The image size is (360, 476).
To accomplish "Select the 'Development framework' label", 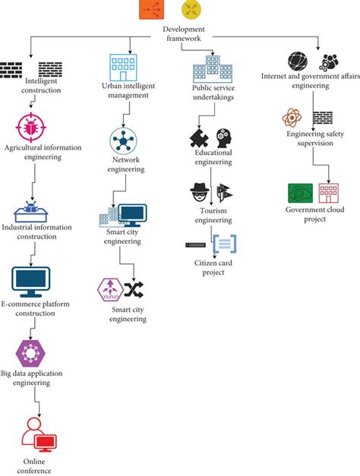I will (184, 34).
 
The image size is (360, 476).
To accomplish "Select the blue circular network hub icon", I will (122, 140).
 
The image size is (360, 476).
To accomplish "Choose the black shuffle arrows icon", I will (134, 289).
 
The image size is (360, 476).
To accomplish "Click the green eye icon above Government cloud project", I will (298, 193).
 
